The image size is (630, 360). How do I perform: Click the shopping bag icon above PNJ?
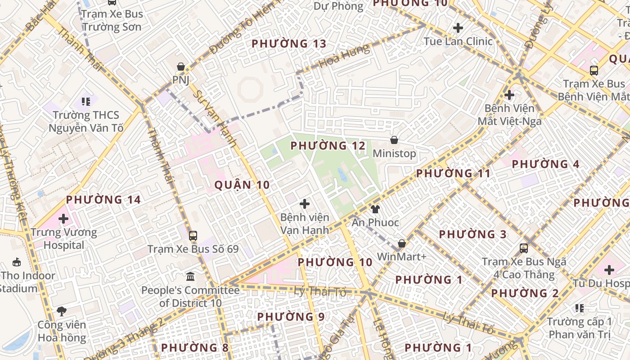(x=181, y=67)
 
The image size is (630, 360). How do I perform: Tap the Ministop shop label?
(x=394, y=153)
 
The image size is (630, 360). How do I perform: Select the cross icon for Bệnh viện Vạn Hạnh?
(x=305, y=204)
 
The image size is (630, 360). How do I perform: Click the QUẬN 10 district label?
(x=242, y=184)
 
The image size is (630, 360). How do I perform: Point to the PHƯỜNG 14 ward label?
(x=103, y=199)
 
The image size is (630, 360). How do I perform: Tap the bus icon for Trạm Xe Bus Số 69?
(x=193, y=235)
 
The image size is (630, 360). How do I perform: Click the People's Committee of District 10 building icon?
(x=190, y=276)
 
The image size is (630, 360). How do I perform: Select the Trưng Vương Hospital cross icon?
(x=63, y=219)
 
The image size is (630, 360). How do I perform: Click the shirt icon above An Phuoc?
(x=375, y=209)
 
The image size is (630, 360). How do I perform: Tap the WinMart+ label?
(x=401, y=256)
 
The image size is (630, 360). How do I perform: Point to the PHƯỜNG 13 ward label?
(x=288, y=44)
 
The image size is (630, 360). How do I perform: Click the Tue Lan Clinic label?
(x=458, y=41)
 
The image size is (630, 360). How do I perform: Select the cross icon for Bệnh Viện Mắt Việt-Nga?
(x=509, y=95)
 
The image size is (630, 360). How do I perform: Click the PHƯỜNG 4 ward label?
(x=545, y=164)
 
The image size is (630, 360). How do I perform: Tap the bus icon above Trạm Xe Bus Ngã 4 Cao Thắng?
(x=524, y=248)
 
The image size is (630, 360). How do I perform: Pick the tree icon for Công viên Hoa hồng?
(x=62, y=311)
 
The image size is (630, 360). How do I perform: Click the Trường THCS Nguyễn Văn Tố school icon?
(x=85, y=102)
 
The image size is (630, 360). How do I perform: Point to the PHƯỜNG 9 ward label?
(x=291, y=317)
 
